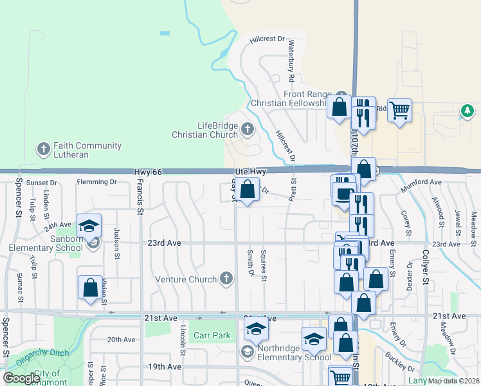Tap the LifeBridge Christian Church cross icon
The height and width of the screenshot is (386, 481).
click(x=247, y=131)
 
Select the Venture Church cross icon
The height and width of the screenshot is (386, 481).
click(x=225, y=279)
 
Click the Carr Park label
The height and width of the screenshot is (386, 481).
click(x=212, y=335)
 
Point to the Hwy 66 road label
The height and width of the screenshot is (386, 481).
click(x=146, y=172)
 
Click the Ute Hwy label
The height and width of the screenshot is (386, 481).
click(x=250, y=172)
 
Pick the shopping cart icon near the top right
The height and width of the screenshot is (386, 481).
click(x=399, y=111)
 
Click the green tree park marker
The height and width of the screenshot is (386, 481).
click(x=467, y=112)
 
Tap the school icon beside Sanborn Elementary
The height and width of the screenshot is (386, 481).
click(x=89, y=226)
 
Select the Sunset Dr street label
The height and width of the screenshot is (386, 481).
click(x=42, y=183)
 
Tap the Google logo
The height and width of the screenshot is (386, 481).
click(x=21, y=378)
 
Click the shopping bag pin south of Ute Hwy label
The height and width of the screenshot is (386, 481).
click(x=247, y=190)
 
